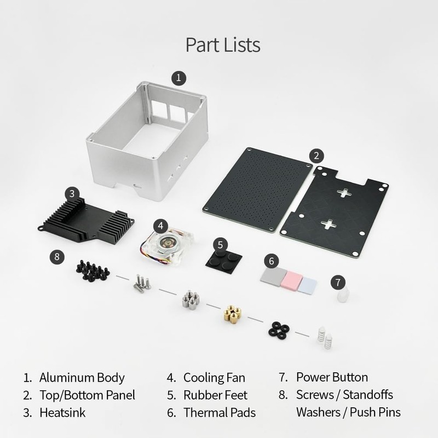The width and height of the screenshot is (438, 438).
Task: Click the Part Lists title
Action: (x=222, y=44)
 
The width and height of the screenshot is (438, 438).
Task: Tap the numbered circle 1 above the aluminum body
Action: (x=178, y=77)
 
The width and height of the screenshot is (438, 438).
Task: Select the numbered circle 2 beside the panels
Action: (x=315, y=155)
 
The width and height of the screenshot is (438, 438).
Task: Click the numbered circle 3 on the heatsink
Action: (x=72, y=193)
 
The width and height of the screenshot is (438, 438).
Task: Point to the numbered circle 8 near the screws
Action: (x=56, y=255)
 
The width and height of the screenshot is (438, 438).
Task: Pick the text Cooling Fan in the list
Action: (x=214, y=377)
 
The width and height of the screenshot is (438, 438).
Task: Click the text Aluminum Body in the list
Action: (x=82, y=377)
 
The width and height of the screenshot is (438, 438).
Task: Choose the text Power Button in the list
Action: (x=332, y=377)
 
